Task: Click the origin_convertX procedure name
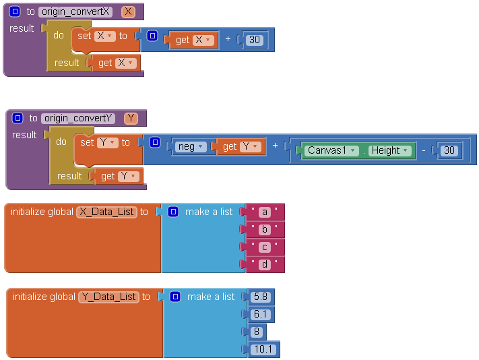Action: (75, 11)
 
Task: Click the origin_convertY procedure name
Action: (78, 119)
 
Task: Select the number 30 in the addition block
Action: (254, 40)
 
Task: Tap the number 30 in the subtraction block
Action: (449, 150)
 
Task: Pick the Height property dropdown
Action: (389, 150)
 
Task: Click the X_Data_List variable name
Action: (107, 212)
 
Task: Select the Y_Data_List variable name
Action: (109, 297)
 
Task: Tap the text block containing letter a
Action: (265, 212)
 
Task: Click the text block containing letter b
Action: (265, 230)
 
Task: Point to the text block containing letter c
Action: (265, 247)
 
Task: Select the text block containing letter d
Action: (265, 265)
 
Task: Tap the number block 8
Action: (257, 332)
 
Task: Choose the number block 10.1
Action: (263, 349)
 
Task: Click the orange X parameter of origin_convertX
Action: (128, 11)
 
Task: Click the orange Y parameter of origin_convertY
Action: (131, 119)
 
